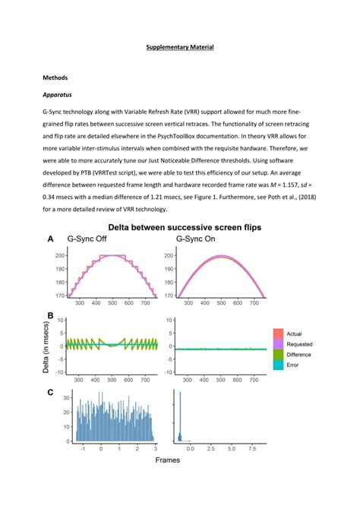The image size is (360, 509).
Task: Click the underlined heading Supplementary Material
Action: tap(180, 48)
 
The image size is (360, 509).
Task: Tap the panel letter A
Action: tap(50, 239)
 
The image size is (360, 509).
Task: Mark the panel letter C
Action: tap(50, 392)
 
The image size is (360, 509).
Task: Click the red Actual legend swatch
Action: tap(279, 333)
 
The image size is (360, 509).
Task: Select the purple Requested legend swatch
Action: tap(279, 343)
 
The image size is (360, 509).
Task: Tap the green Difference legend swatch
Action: tap(279, 354)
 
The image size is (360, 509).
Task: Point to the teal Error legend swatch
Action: tap(279, 365)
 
